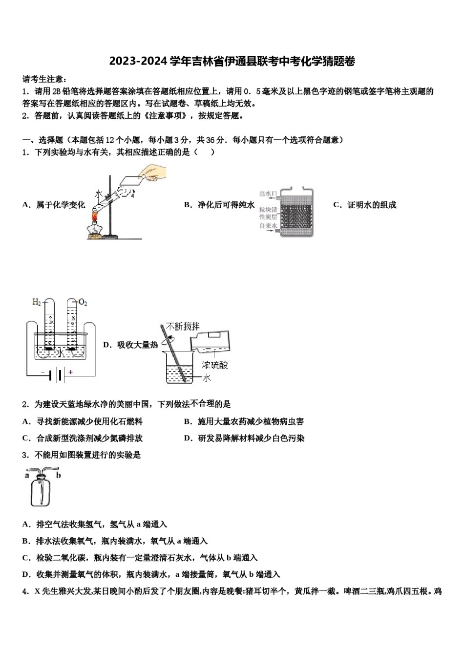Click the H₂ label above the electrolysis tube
coord(37,302)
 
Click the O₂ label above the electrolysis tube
coord(83,303)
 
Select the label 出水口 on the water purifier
coord(268,194)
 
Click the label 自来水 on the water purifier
coord(268,226)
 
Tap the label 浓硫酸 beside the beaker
coord(214,365)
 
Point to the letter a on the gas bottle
coord(27,475)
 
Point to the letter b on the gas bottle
coord(59,475)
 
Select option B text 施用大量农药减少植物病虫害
coord(250,421)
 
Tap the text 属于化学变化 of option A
coord(60,205)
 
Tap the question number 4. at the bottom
coord(26,591)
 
